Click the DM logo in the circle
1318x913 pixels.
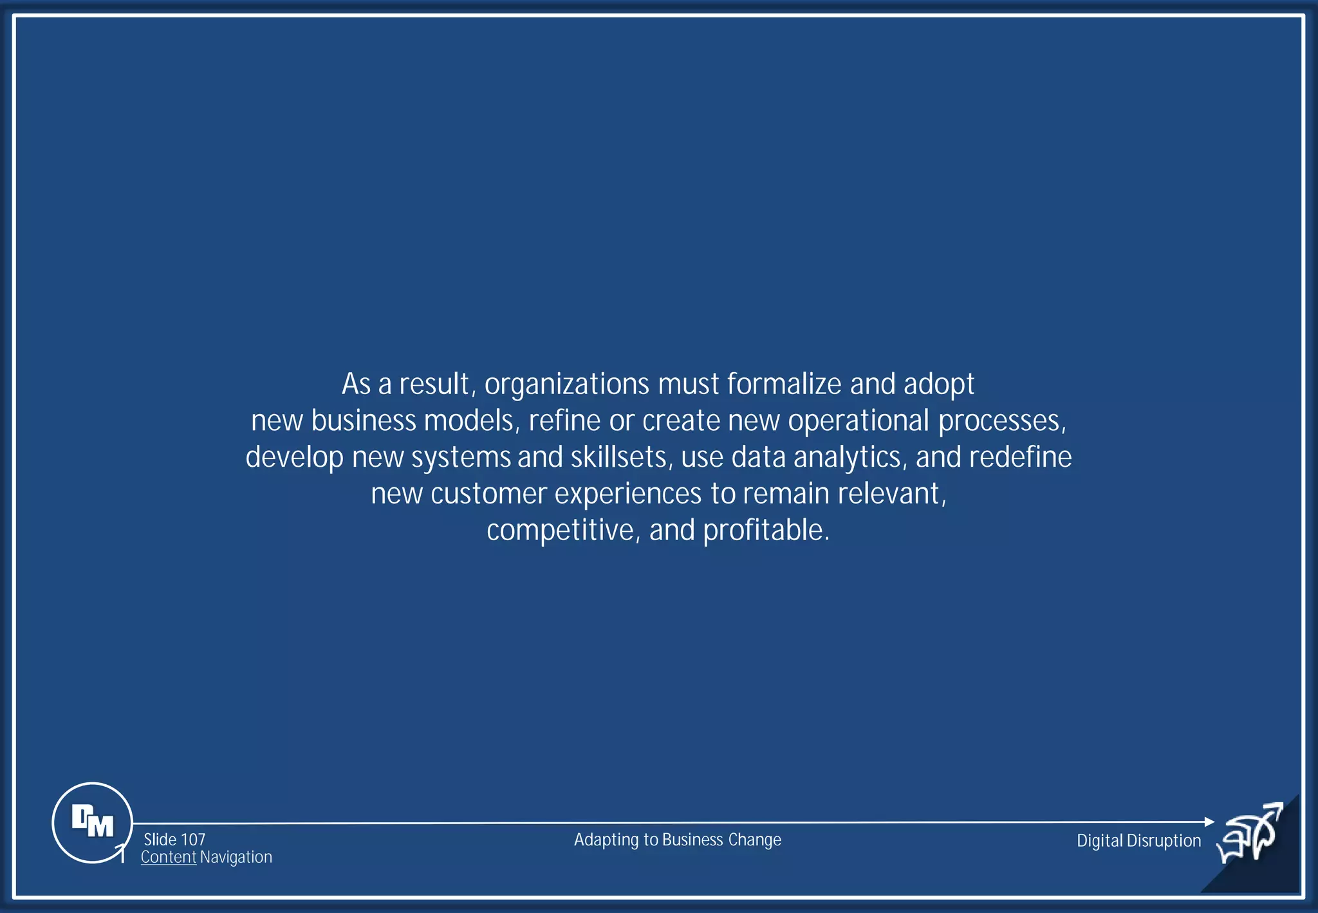coord(92,822)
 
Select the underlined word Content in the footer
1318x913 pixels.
coord(169,858)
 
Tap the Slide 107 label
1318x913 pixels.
coord(174,840)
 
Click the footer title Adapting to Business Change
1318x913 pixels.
coord(677,840)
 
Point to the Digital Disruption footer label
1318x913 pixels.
coord(1138,840)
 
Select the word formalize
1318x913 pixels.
coord(784,384)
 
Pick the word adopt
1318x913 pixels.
coord(939,384)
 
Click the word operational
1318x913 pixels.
coord(859,421)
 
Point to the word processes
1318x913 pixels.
coord(1001,421)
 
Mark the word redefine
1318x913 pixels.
coord(1021,457)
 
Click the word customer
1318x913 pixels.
coord(488,494)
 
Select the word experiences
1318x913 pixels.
coord(627,494)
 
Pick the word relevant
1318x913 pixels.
coord(891,494)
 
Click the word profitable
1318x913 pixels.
coord(766,531)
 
